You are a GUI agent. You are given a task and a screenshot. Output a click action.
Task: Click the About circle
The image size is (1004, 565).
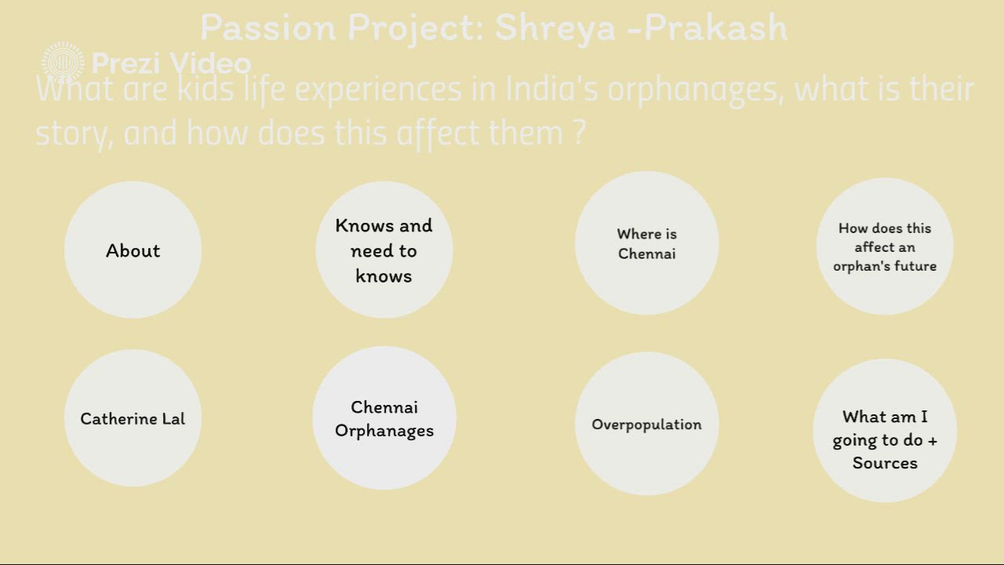coord(133,250)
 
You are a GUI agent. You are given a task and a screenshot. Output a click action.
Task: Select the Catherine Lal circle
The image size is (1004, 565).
coord(133,418)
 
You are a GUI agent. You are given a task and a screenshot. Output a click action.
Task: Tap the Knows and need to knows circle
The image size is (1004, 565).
coord(384,250)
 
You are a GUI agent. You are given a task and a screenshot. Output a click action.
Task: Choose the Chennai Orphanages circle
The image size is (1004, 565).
coord(384,418)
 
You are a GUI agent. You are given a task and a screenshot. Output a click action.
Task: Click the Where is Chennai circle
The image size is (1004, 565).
coord(646,243)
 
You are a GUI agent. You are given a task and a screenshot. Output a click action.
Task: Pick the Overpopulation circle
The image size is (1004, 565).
coord(646,424)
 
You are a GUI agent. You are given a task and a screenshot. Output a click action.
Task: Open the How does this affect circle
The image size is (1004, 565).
coord(885,246)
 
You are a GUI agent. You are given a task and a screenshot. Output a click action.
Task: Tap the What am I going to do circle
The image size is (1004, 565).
coord(885,431)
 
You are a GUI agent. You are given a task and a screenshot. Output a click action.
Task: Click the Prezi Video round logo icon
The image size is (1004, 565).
coord(63,63)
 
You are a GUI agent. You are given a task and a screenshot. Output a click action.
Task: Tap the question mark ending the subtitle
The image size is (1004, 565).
coord(580,133)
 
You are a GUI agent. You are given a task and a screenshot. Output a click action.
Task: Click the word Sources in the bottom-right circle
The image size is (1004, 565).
coord(885,463)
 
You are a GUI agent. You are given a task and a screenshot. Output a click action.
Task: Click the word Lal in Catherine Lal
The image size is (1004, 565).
coord(173,418)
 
